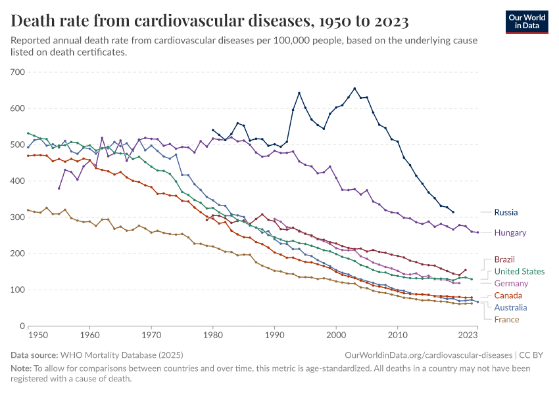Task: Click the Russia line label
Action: (506, 212)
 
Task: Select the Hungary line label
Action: (510, 232)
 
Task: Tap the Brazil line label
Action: (506, 259)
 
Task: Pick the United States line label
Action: (519, 271)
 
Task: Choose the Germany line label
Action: (511, 283)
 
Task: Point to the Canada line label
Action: (508, 295)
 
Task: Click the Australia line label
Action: (510, 307)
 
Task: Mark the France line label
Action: (506, 319)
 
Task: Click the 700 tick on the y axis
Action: (17, 72)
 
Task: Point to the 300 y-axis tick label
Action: (17, 217)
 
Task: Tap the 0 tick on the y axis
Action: (21, 326)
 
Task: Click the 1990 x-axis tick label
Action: (275, 335)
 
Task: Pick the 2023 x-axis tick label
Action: (468, 335)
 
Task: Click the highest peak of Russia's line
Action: (354, 88)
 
